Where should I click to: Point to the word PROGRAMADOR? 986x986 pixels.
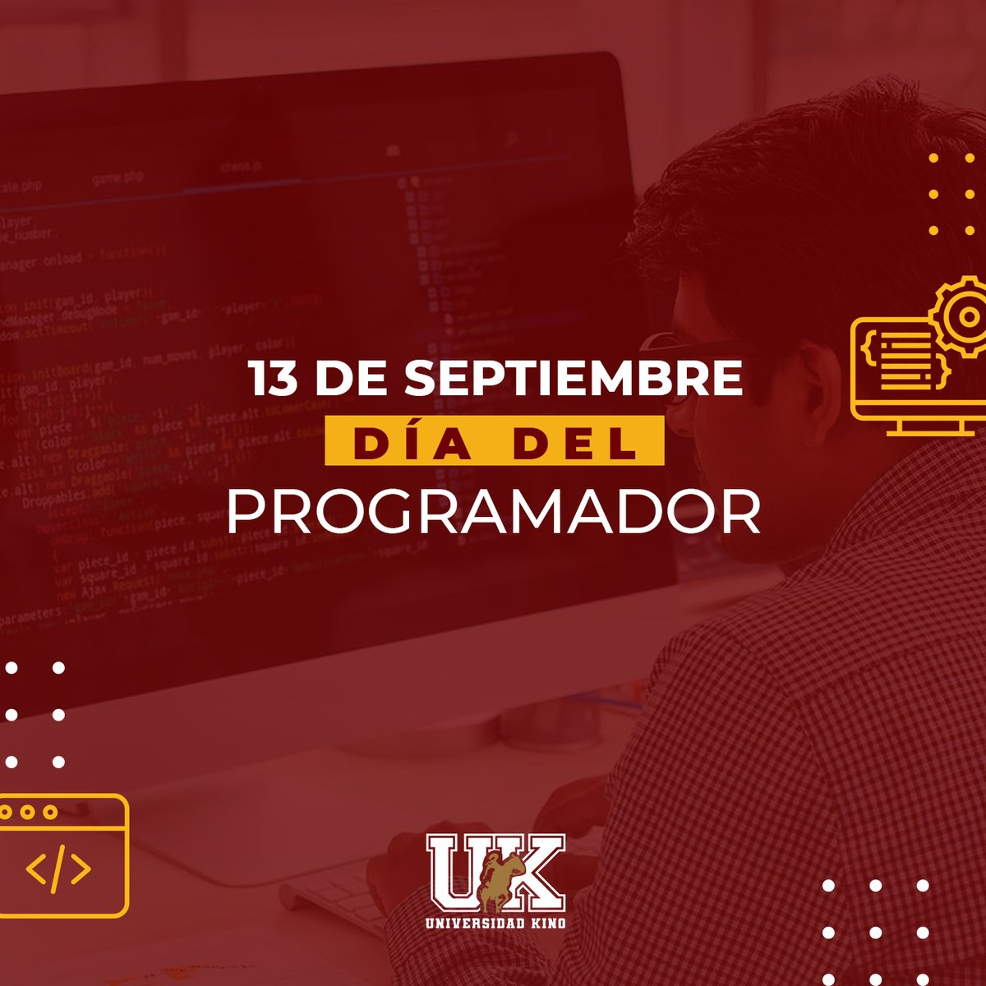pyautogui.click(x=493, y=514)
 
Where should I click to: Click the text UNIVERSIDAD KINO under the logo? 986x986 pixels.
pyautogui.click(x=495, y=923)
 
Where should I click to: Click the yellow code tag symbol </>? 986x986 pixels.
pyautogui.click(x=58, y=869)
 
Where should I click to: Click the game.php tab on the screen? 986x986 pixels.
pyautogui.click(x=117, y=177)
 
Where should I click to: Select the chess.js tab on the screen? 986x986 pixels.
pyautogui.click(x=241, y=168)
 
